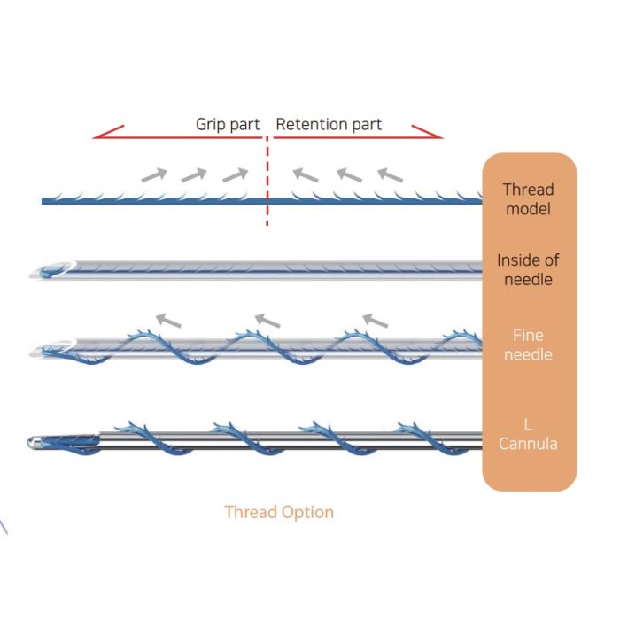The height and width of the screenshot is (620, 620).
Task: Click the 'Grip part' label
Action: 228,124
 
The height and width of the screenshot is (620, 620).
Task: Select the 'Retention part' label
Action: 329,124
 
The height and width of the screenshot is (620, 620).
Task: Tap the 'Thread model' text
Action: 528,199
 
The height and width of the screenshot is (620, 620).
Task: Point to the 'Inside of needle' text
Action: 528,270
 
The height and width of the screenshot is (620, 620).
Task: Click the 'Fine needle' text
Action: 528,345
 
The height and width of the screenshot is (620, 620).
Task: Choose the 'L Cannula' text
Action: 528,434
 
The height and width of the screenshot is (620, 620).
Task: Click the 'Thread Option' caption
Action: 279,512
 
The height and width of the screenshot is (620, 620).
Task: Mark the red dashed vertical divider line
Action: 267,182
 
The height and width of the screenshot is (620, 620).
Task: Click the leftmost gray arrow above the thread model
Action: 154,174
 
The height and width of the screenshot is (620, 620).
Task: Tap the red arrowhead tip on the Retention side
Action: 439,137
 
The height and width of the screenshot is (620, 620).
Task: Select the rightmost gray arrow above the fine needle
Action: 375,318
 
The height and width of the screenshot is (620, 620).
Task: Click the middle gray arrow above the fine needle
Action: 267,318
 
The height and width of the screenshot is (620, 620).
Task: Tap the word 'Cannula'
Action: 528,444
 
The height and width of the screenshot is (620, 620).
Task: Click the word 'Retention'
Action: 313,124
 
